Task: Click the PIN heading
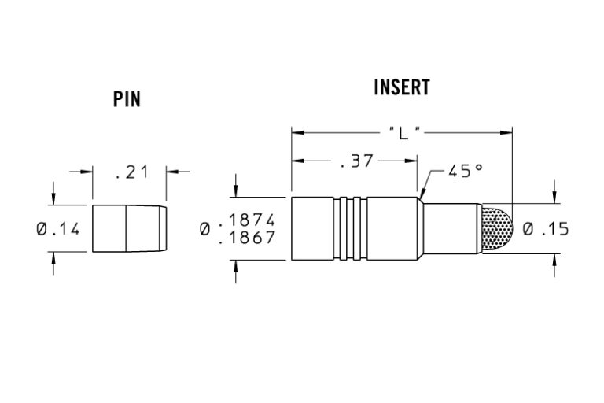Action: point(127,99)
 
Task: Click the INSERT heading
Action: point(402,87)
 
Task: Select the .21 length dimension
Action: point(131,172)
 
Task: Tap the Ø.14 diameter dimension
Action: point(57,230)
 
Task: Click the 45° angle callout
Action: point(465,171)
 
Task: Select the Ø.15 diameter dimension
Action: point(545,229)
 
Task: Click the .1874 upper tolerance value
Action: point(247,220)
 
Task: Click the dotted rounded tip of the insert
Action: point(497,228)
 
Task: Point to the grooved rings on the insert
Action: point(351,228)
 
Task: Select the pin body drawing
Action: point(128,229)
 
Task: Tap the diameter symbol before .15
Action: point(528,229)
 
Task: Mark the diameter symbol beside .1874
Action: point(206,228)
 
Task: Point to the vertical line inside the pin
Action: point(127,229)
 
